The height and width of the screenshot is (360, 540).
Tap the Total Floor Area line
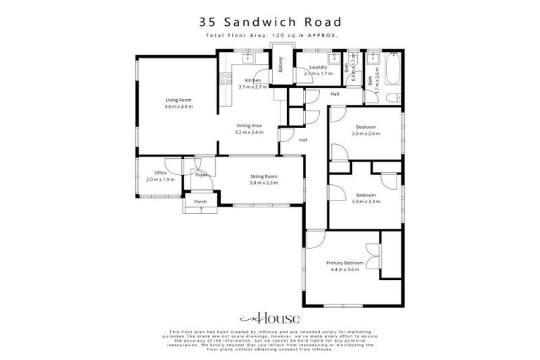click(x=269, y=34)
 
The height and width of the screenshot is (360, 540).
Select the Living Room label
click(x=178, y=101)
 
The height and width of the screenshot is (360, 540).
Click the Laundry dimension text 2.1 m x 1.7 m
click(x=318, y=73)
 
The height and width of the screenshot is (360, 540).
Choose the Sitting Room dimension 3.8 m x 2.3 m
click(x=264, y=182)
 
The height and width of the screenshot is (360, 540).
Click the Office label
click(x=160, y=173)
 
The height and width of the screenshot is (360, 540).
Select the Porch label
click(x=200, y=202)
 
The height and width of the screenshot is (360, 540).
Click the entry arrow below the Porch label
click(x=200, y=210)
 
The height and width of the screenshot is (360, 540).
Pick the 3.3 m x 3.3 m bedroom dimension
click(x=366, y=201)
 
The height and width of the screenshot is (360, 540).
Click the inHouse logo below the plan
click(x=269, y=316)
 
